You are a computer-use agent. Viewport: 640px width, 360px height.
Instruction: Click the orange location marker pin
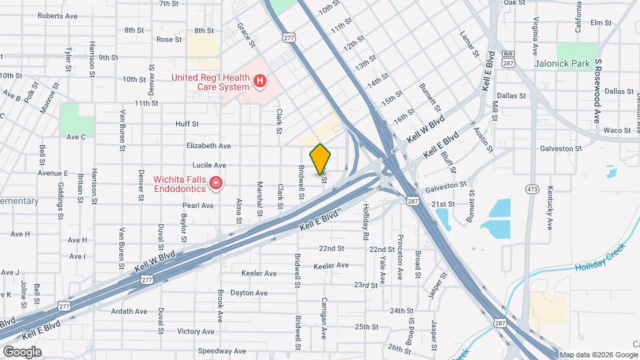tap(321, 159)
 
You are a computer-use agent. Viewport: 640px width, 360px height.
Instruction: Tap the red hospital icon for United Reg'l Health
tap(260, 82)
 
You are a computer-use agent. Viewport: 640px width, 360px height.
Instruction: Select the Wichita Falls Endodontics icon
tap(215, 183)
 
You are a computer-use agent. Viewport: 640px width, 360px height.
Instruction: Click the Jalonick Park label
tap(563, 64)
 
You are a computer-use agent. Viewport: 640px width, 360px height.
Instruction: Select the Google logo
tap(22, 351)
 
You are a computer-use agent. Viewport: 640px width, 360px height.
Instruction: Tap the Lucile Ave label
tap(209, 165)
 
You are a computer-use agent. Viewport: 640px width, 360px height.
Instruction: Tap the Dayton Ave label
tap(248, 293)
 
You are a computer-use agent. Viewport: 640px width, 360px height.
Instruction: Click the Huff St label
tap(187, 123)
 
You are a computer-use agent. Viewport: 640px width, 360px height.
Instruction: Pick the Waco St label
tap(617, 131)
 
